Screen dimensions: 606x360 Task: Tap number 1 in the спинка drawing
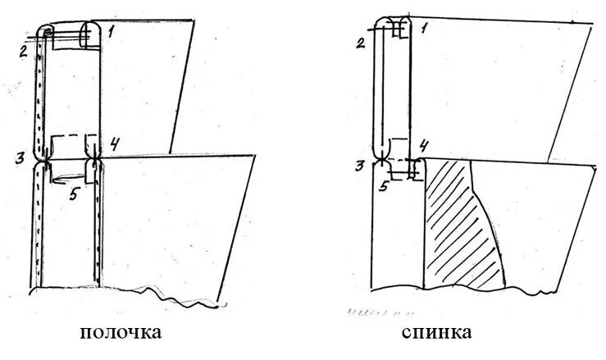[x=425, y=27]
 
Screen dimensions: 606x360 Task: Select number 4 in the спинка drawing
[x=424, y=146]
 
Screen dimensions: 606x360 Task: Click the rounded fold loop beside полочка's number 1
[x=90, y=36]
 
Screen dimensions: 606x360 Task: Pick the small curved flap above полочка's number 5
[x=71, y=172]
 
